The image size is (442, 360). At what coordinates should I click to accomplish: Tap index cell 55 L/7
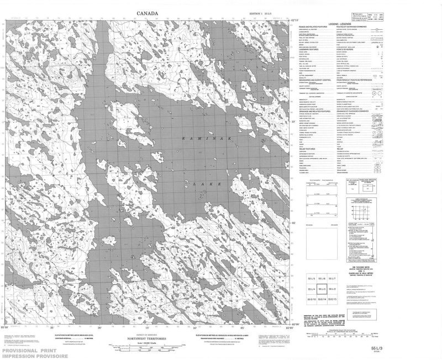point(331,279)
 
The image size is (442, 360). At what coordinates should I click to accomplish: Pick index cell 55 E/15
point(331,299)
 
